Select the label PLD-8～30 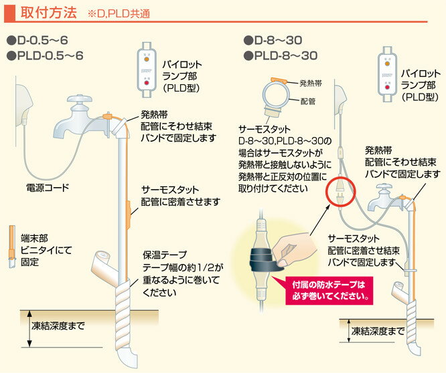pyautogui.click(x=282, y=55)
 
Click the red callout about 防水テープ pyautogui.click(x=329, y=288)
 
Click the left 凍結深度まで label pyautogui.click(x=58, y=326)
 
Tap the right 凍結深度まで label pyautogui.click(x=378, y=331)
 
